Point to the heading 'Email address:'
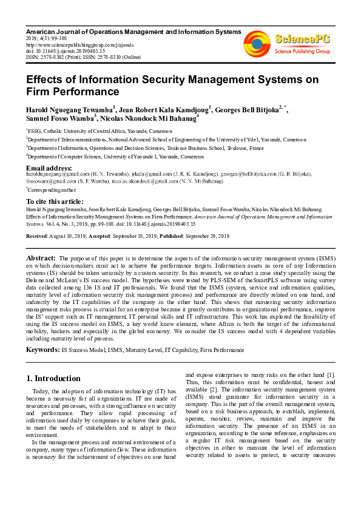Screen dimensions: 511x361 pyautogui.click(x=49, y=168)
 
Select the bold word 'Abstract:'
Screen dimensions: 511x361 pyautogui.click(x=42, y=258)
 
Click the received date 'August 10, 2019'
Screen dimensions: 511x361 pyautogui.click(x=67, y=235)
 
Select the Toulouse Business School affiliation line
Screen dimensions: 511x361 pyautogui.click(x=146, y=147)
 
